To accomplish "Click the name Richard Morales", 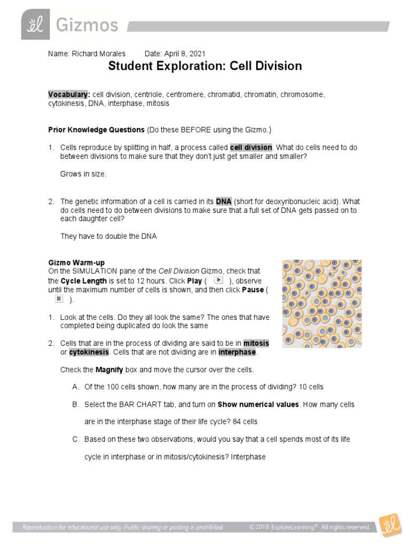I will pos(98,54).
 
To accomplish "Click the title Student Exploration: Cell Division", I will pos(205,66).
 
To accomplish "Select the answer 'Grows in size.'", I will pos(83,174).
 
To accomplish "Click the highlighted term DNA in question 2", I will pos(223,202).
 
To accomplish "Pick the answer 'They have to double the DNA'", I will pos(108,236).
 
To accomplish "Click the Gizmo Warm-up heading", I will pos(76,263).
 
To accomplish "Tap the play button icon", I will pos(218,280).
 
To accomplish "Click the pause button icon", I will pos(59,299).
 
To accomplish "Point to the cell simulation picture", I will pos(321,303).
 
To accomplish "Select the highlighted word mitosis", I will pos(256,343).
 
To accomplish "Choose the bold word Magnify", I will pos(110,370).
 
